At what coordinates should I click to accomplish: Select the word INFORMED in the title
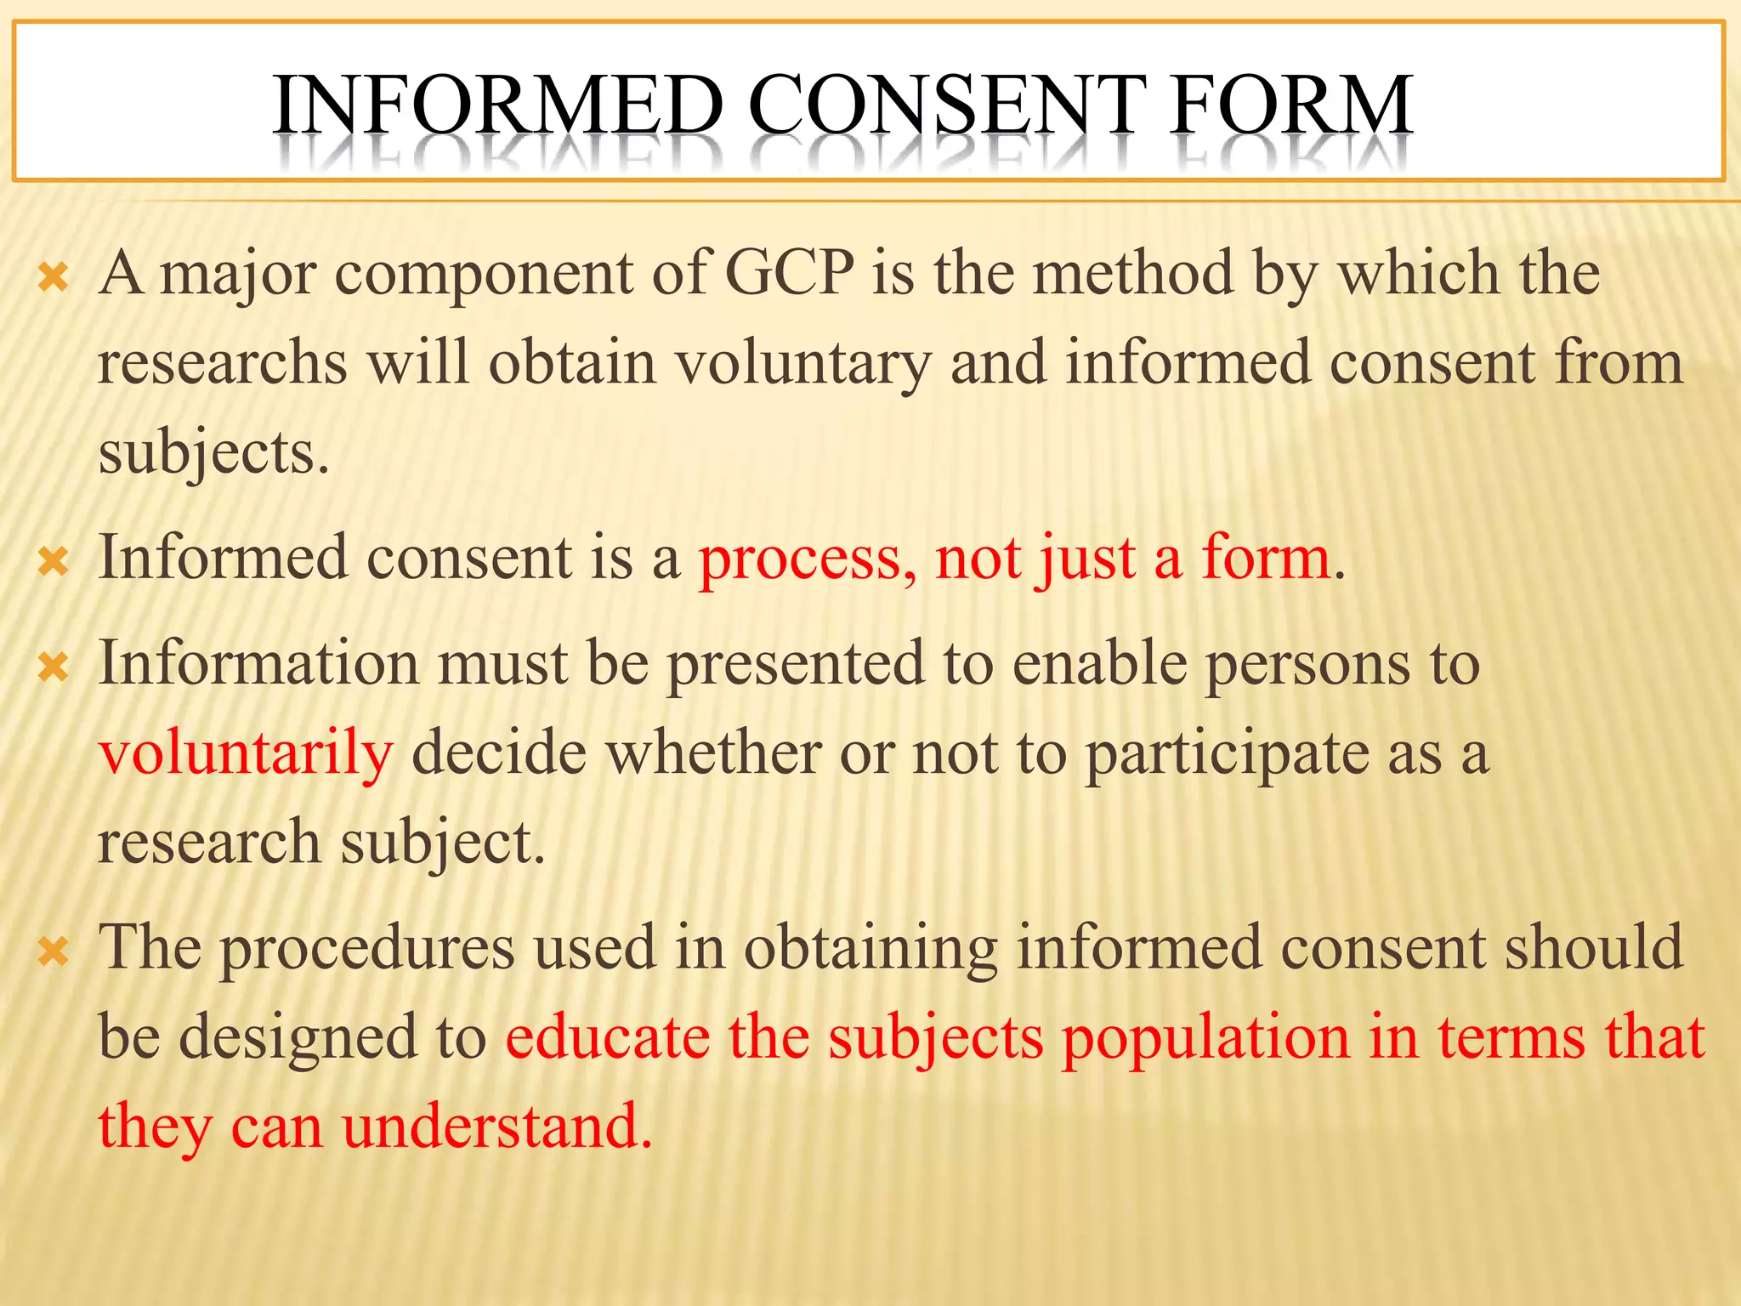(x=498, y=105)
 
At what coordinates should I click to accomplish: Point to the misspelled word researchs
(x=223, y=363)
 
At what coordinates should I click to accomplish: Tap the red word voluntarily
(x=246, y=753)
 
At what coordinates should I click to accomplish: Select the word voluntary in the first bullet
(x=803, y=363)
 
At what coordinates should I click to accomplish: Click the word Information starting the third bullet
(x=258, y=663)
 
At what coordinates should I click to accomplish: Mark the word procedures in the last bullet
(x=368, y=948)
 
